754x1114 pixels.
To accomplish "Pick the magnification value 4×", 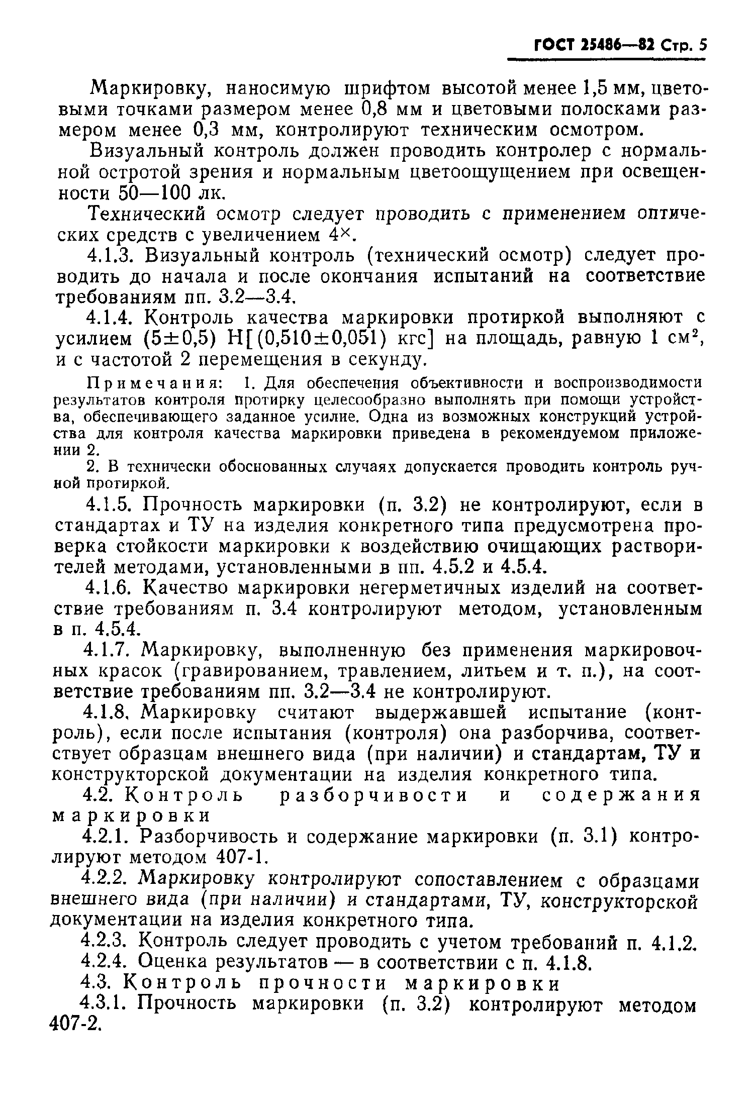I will tap(343, 234).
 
